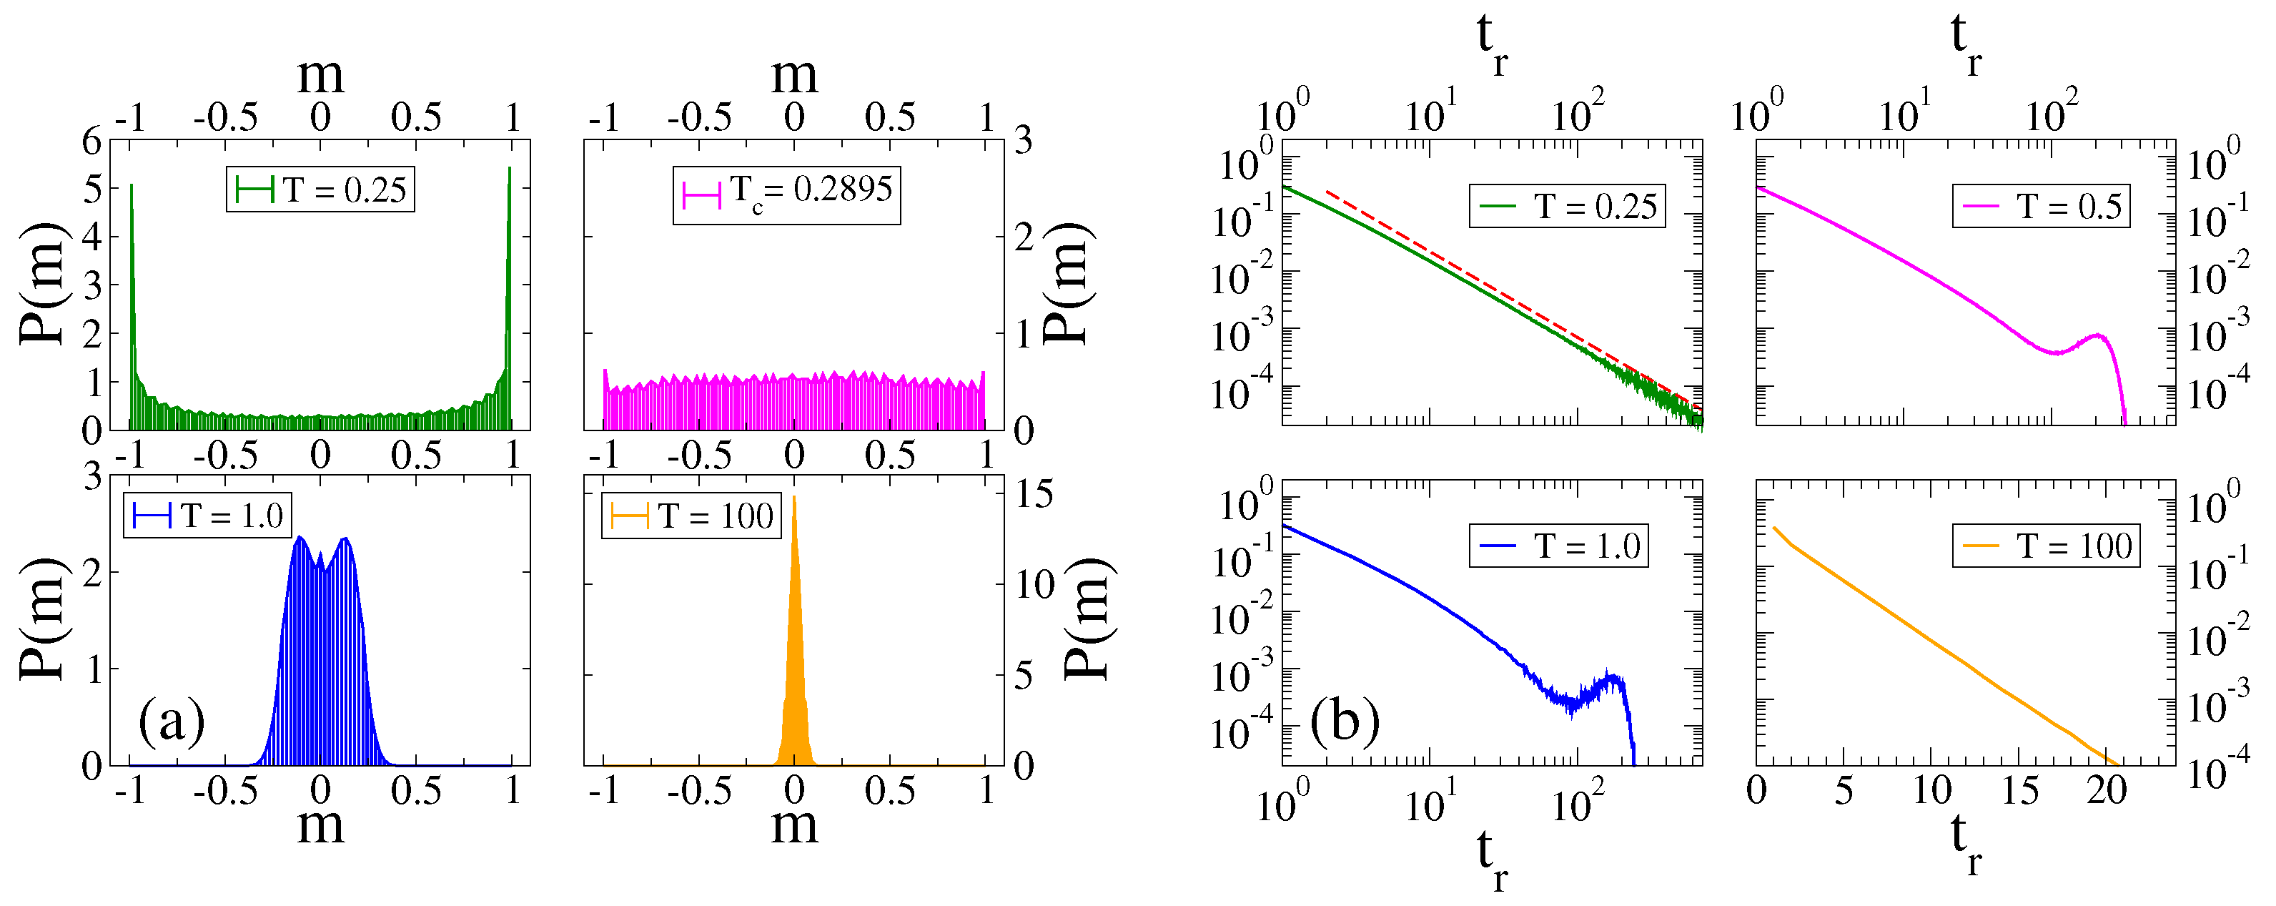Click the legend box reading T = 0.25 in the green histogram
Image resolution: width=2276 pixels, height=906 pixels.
click(320, 189)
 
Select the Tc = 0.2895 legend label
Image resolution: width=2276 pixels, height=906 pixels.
click(786, 195)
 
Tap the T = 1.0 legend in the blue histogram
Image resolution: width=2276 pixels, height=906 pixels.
click(207, 516)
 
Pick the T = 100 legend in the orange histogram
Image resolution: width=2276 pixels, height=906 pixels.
click(691, 516)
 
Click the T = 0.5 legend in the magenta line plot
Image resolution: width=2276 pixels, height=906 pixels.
click(2041, 206)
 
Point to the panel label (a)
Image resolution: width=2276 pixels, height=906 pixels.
click(172, 720)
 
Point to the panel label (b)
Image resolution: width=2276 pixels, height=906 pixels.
click(1345, 720)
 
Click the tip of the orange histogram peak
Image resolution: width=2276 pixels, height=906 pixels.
click(794, 498)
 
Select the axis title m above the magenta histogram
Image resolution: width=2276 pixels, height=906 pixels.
click(794, 75)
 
